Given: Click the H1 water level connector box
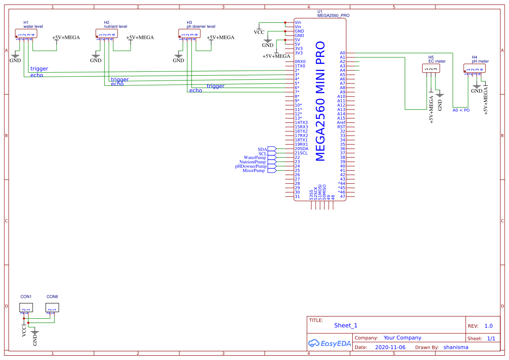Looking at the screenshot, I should (26, 33).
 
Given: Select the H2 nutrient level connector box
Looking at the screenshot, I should (106, 33).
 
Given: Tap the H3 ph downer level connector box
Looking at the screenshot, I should (189, 33).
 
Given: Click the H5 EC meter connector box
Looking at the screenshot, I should (431, 68).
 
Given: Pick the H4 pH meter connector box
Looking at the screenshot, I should (474, 68).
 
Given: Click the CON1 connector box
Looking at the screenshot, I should (26, 307).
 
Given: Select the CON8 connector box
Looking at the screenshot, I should (52, 307).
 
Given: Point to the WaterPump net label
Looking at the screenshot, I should (255, 158).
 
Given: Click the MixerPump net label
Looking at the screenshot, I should (253, 171).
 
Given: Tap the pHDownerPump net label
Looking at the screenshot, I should (251, 166).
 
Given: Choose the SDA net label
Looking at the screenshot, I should (262, 149).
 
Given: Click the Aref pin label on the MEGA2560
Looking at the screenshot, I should (341, 123).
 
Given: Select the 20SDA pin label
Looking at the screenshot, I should (301, 149).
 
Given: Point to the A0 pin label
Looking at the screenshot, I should (342, 53).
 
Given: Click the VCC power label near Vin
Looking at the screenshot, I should (259, 32).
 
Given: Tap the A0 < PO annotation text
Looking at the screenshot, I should (461, 110).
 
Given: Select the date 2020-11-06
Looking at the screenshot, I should (390, 347).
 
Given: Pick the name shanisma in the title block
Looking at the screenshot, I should (456, 347).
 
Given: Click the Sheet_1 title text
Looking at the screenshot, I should (346, 325).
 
